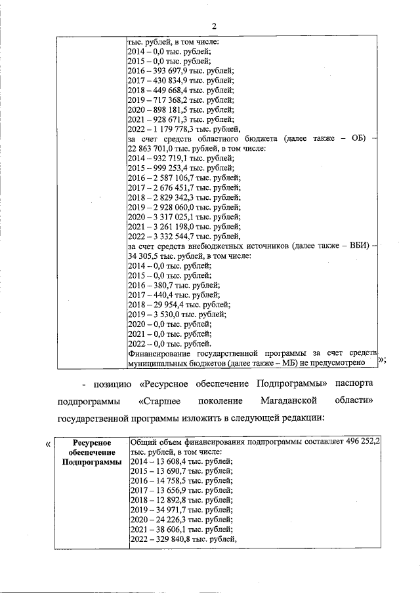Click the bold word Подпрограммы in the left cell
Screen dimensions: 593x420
pos(92,463)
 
